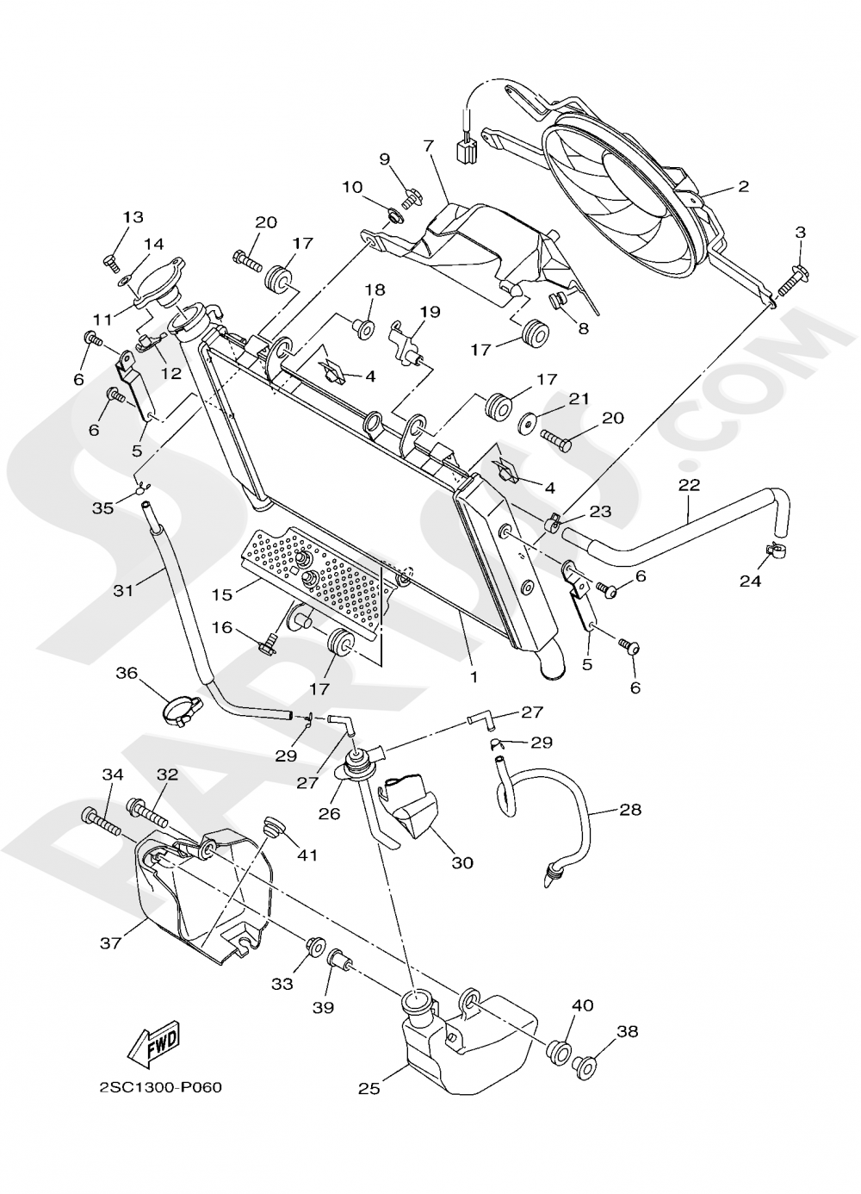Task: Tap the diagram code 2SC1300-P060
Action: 160,1087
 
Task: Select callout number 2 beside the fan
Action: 743,185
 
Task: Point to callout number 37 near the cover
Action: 110,943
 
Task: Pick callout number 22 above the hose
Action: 689,484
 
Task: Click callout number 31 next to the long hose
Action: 124,591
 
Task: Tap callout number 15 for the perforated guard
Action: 222,594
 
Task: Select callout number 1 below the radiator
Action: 473,677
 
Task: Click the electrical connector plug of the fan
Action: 468,152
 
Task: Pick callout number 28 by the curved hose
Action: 629,810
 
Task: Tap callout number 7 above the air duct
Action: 428,146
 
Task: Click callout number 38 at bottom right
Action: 627,1031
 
